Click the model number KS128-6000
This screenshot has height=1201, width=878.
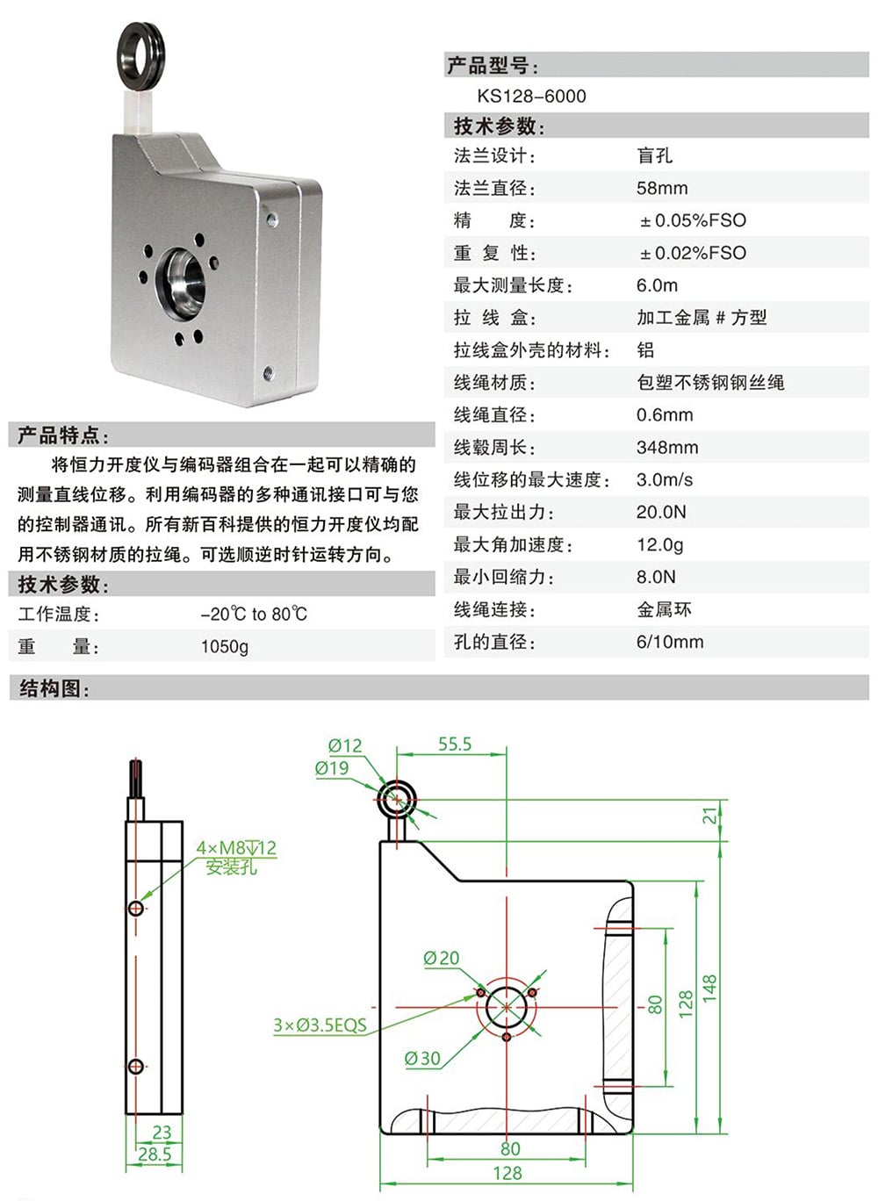(x=531, y=97)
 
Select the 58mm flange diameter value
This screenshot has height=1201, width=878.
(x=662, y=189)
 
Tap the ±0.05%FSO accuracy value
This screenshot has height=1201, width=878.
(x=693, y=221)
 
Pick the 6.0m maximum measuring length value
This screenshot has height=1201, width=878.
(x=657, y=286)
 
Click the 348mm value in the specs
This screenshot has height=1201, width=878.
(x=667, y=448)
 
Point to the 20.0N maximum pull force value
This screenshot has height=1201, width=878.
(x=661, y=513)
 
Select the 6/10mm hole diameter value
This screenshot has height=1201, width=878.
(x=670, y=643)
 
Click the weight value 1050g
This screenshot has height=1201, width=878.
(x=225, y=647)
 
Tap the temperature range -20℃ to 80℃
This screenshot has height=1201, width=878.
(x=254, y=615)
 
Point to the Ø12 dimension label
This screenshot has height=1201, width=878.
(x=345, y=746)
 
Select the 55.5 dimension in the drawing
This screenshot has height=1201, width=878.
(x=455, y=744)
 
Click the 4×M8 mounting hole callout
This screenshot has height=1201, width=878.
(x=235, y=849)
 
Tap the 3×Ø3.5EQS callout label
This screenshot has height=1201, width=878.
(x=320, y=1025)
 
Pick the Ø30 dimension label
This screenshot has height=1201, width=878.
(x=422, y=1060)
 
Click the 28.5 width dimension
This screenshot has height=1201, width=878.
(x=155, y=1154)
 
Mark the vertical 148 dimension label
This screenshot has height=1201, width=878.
(x=709, y=989)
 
